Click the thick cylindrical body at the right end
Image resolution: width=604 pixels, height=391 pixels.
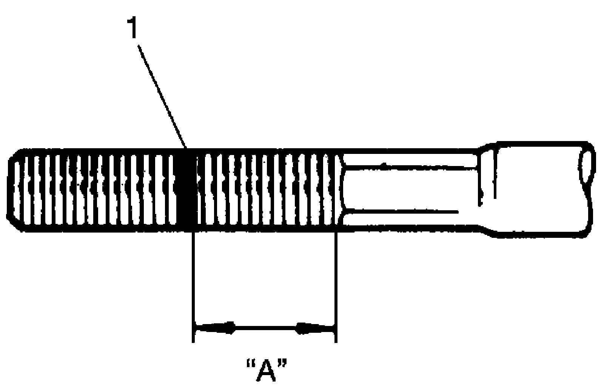pyautogui.click(x=540, y=189)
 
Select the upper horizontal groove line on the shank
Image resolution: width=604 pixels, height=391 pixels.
pyautogui.click(x=411, y=165)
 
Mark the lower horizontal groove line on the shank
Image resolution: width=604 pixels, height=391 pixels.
pyautogui.click(x=404, y=210)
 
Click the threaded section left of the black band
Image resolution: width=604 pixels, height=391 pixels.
pyautogui.click(x=94, y=189)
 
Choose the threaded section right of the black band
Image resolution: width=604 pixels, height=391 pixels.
pyautogui.click(x=264, y=189)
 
